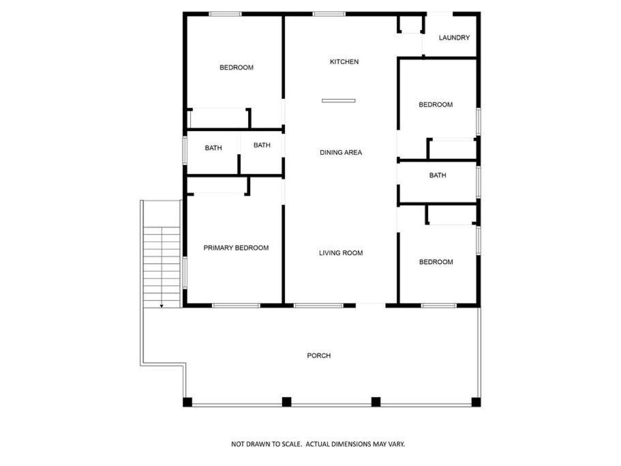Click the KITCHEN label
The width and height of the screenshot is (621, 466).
344,62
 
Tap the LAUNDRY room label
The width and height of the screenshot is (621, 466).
454,38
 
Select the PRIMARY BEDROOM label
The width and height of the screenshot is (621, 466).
236,248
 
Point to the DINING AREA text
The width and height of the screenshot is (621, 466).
341,153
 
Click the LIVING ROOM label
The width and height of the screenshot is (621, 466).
341,253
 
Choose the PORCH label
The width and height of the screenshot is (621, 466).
319,356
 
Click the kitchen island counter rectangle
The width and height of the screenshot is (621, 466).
339,101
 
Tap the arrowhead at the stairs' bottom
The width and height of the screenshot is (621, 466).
162,306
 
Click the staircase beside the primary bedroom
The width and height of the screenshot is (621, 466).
162,267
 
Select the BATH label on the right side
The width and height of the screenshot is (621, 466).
438,175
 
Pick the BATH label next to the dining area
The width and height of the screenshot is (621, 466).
262,145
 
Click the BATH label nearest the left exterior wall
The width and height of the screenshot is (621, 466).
213,148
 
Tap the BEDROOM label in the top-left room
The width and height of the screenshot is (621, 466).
237,68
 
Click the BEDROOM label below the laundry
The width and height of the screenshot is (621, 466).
436,104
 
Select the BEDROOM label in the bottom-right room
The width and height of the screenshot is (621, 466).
436,262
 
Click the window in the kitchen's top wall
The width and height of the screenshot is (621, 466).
329,14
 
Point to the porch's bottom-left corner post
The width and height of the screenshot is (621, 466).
187,402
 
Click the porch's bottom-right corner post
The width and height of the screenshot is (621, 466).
476,402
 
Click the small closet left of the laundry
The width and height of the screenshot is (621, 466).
410,24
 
